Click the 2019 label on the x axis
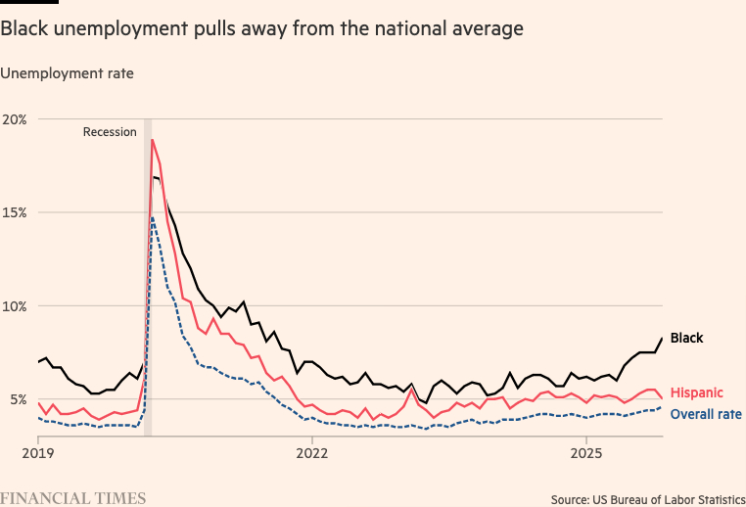tap(38, 453)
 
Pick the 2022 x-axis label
tap(311, 453)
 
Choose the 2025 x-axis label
tap(585, 453)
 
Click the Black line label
tap(686, 339)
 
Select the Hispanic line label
tap(696, 392)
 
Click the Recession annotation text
tap(110, 132)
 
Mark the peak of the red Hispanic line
tap(152, 140)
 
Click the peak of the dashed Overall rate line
tap(153, 217)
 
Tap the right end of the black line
tap(662, 339)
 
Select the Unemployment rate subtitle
tap(67, 72)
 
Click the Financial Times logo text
tap(73, 498)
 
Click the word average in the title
tap(488, 29)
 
